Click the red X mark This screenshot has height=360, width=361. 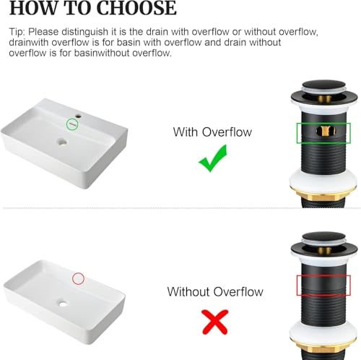(x=215, y=322)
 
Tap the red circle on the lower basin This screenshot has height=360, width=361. (x=72, y=279)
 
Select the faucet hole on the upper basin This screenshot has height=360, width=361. (x=79, y=116)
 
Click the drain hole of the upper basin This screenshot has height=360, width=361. (x=62, y=142)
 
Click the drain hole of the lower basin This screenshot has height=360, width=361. (x=63, y=304)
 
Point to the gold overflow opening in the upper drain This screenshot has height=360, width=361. (x=326, y=131)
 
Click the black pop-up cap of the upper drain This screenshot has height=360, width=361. (x=324, y=85)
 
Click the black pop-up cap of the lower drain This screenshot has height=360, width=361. (x=324, y=238)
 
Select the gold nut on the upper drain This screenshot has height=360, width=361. (x=323, y=195)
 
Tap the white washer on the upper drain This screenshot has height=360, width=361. (x=323, y=181)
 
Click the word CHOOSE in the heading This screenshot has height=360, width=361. (x=136, y=8)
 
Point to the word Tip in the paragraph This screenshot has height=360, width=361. (x=17, y=32)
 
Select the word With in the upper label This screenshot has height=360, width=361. (x=186, y=132)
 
